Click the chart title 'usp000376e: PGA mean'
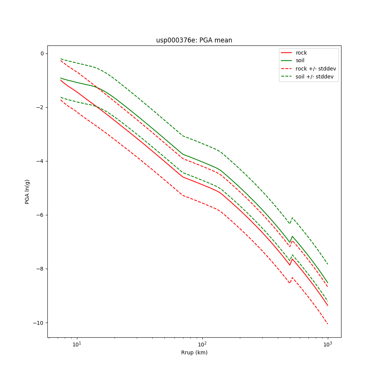194,40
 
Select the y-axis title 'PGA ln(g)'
27,192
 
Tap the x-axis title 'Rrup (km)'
194,352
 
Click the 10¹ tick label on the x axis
77,344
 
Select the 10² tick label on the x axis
202,344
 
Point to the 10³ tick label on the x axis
327,344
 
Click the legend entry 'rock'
301,53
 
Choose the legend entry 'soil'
300,61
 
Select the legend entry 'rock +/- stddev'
316,69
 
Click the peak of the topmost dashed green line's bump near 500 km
292,218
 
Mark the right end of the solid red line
328,305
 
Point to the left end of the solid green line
61,78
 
